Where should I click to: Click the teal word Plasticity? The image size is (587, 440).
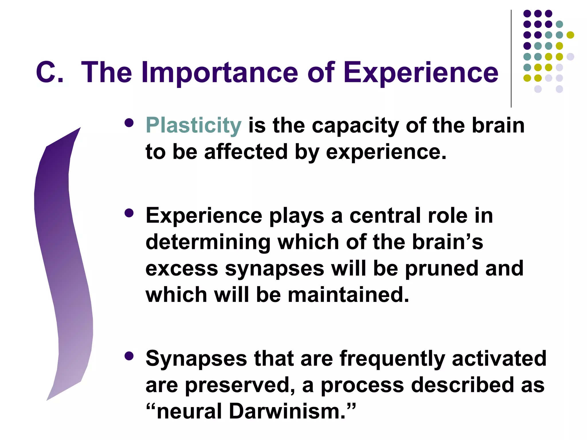coord(193,125)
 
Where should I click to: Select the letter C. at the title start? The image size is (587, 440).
coord(49,72)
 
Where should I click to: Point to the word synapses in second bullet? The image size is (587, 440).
coord(275,269)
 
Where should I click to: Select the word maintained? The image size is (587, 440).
coord(348,295)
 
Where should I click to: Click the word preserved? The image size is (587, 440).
coord(240,385)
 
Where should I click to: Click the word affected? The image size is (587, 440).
coord(246,152)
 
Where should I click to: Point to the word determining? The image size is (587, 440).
coord(208,242)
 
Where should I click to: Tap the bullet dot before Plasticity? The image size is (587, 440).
coord(129,123)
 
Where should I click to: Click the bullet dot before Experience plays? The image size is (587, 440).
coord(129,213)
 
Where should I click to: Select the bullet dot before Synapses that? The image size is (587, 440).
coord(129,356)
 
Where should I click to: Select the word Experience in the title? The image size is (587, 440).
coord(421,72)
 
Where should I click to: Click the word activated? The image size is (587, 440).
coord(499,359)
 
